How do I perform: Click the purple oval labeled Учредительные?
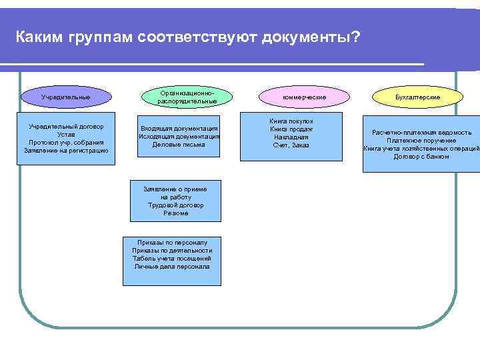pyautogui.click(x=65, y=97)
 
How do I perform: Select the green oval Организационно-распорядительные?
pyautogui.click(x=187, y=97)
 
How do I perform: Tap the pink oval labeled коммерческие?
pyautogui.click(x=304, y=97)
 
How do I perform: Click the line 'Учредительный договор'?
pyautogui.click(x=66, y=126)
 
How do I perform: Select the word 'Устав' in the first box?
pyautogui.click(x=66, y=134)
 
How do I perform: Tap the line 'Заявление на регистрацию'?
pyautogui.click(x=66, y=151)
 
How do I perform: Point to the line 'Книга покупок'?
pyautogui.click(x=291, y=121)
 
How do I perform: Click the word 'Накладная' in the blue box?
pyautogui.click(x=291, y=137)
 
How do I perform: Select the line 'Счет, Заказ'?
pyautogui.click(x=291, y=145)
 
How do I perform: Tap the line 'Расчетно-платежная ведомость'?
pyautogui.click(x=421, y=133)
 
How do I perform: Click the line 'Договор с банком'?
pyautogui.click(x=421, y=157)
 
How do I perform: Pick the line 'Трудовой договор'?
pyautogui.click(x=175, y=205)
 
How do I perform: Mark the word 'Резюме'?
pyautogui.click(x=175, y=213)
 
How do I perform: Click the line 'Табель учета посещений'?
pyautogui.click(x=172, y=258)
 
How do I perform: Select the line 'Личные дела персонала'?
pyautogui.click(x=172, y=266)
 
